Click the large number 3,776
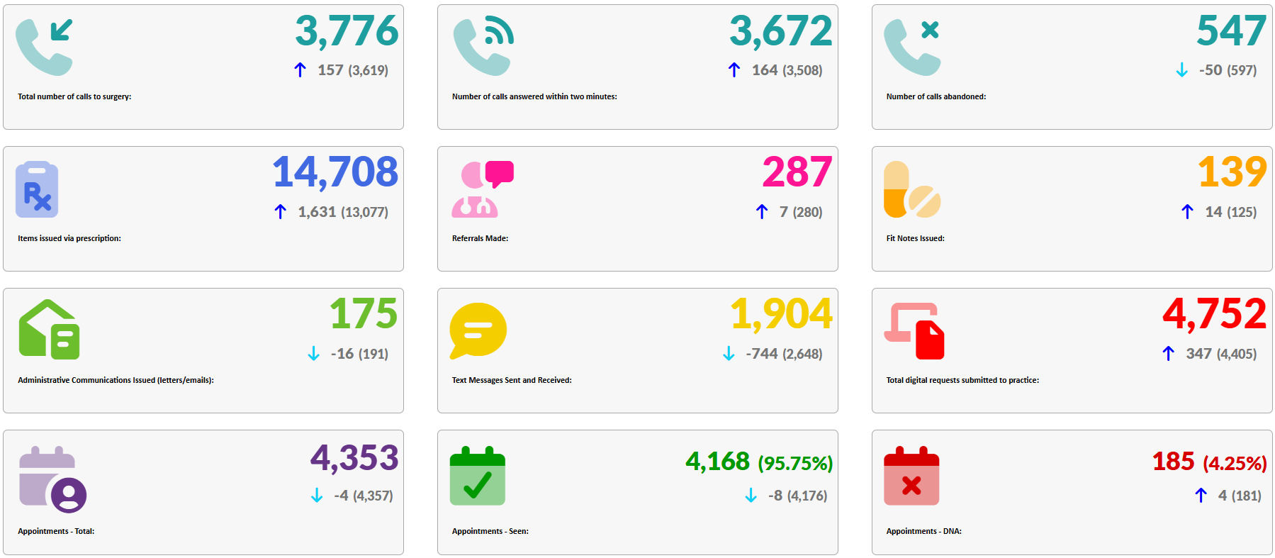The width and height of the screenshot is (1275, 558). point(347,31)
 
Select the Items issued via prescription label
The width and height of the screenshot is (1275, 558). point(69,238)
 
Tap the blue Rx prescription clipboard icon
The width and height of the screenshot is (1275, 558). point(37,189)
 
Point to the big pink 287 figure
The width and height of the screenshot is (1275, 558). point(797,172)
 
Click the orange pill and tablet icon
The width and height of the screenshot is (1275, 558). point(911,189)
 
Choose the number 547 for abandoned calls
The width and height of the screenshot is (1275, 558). point(1231,31)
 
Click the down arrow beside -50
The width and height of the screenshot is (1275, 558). point(1181,70)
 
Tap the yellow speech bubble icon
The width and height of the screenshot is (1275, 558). point(478,330)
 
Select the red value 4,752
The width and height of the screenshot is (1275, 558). point(1214,314)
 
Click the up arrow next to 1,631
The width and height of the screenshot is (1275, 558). point(281,212)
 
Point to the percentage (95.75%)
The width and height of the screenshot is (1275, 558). point(795,464)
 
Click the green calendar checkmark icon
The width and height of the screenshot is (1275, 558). point(478,476)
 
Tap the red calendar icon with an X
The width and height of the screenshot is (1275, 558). point(911,476)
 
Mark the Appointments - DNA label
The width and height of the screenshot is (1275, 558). point(923,531)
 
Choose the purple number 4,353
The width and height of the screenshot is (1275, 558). point(354,458)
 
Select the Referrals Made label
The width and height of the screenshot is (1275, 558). point(480,238)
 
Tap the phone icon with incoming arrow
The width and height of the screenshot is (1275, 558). point(45,48)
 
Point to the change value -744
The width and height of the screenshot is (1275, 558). point(762,354)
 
